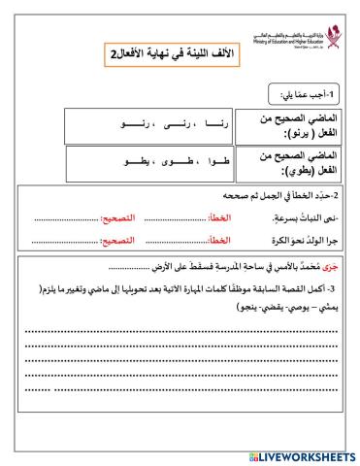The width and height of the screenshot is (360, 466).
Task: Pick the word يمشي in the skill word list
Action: (x=329, y=306)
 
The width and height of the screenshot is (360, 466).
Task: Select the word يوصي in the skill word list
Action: (x=302, y=306)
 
